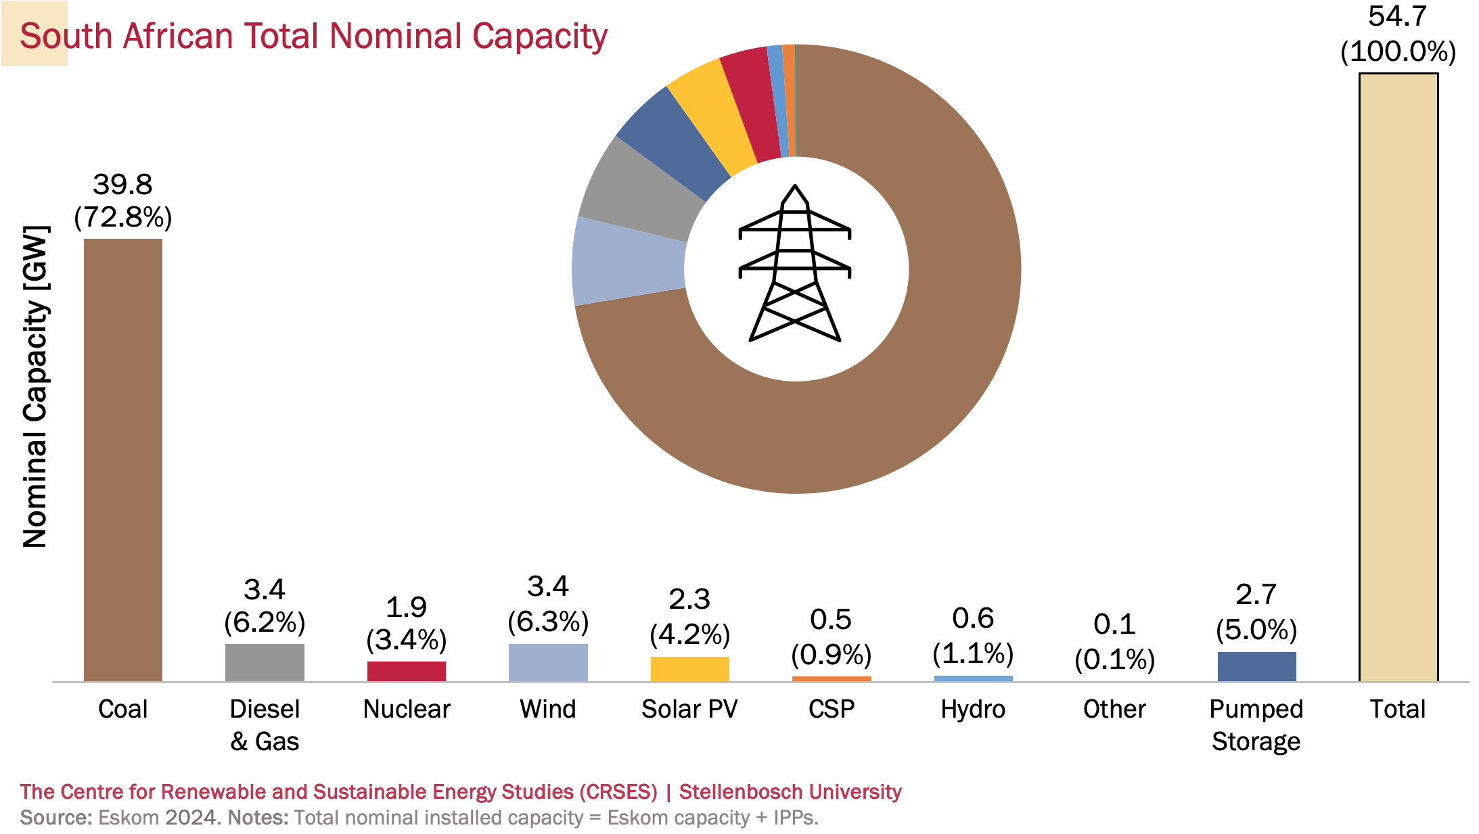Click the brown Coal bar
[122, 460]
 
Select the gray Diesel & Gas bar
[265, 663]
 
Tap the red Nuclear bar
[406, 671]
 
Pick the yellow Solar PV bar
[689, 669]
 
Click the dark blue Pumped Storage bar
[1256, 666]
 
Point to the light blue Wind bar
[548, 663]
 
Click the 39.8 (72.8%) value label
[122, 201]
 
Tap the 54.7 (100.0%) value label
[1398, 34]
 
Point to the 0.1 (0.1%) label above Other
[1114, 641]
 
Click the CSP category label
[832, 709]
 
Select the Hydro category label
[973, 709]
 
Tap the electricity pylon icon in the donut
[795, 264]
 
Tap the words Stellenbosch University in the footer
[790, 791]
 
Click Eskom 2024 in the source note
[159, 817]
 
